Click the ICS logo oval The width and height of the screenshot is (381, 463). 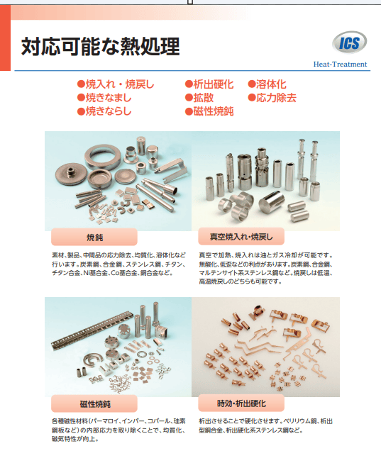coord(349,43)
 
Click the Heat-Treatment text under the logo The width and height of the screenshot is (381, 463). coord(340,64)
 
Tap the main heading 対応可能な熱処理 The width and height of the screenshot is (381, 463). coord(101,46)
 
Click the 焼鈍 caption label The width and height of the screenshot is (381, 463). coord(94,237)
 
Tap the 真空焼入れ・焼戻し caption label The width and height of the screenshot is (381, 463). coord(241,237)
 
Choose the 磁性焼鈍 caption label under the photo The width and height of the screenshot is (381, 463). coord(94,403)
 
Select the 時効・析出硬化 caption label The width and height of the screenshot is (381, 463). coord(241,403)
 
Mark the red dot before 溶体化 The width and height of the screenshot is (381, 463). coord(252,84)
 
